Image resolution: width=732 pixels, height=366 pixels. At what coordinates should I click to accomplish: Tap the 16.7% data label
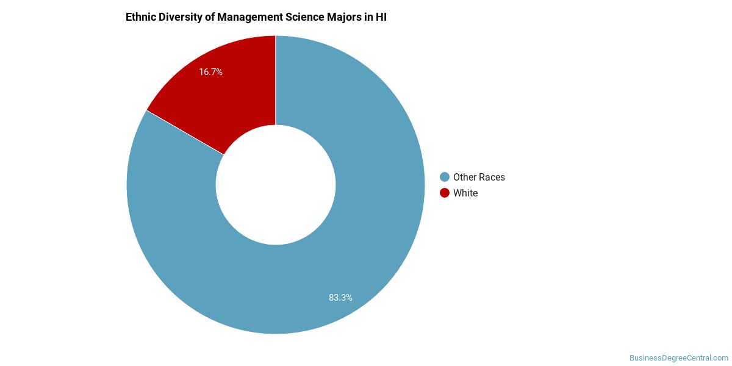click(210, 72)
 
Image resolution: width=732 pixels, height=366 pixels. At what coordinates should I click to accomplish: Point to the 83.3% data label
click(340, 298)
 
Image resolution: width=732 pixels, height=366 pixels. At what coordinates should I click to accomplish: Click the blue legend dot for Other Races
click(445, 177)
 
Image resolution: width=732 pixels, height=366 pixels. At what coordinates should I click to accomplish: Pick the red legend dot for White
click(445, 193)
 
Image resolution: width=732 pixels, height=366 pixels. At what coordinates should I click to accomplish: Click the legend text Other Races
click(479, 177)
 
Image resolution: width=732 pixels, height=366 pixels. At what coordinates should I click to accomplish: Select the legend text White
click(465, 193)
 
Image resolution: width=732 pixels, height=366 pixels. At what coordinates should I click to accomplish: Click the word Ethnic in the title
click(141, 17)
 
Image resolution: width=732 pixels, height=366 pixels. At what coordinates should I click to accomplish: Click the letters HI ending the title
click(381, 17)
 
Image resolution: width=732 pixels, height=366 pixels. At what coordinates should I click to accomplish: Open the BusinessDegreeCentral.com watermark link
click(679, 358)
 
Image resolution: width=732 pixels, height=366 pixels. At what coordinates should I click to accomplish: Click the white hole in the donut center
click(276, 185)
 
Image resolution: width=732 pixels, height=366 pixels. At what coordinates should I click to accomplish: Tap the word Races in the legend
click(492, 177)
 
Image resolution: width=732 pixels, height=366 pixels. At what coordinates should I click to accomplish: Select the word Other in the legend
click(465, 177)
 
